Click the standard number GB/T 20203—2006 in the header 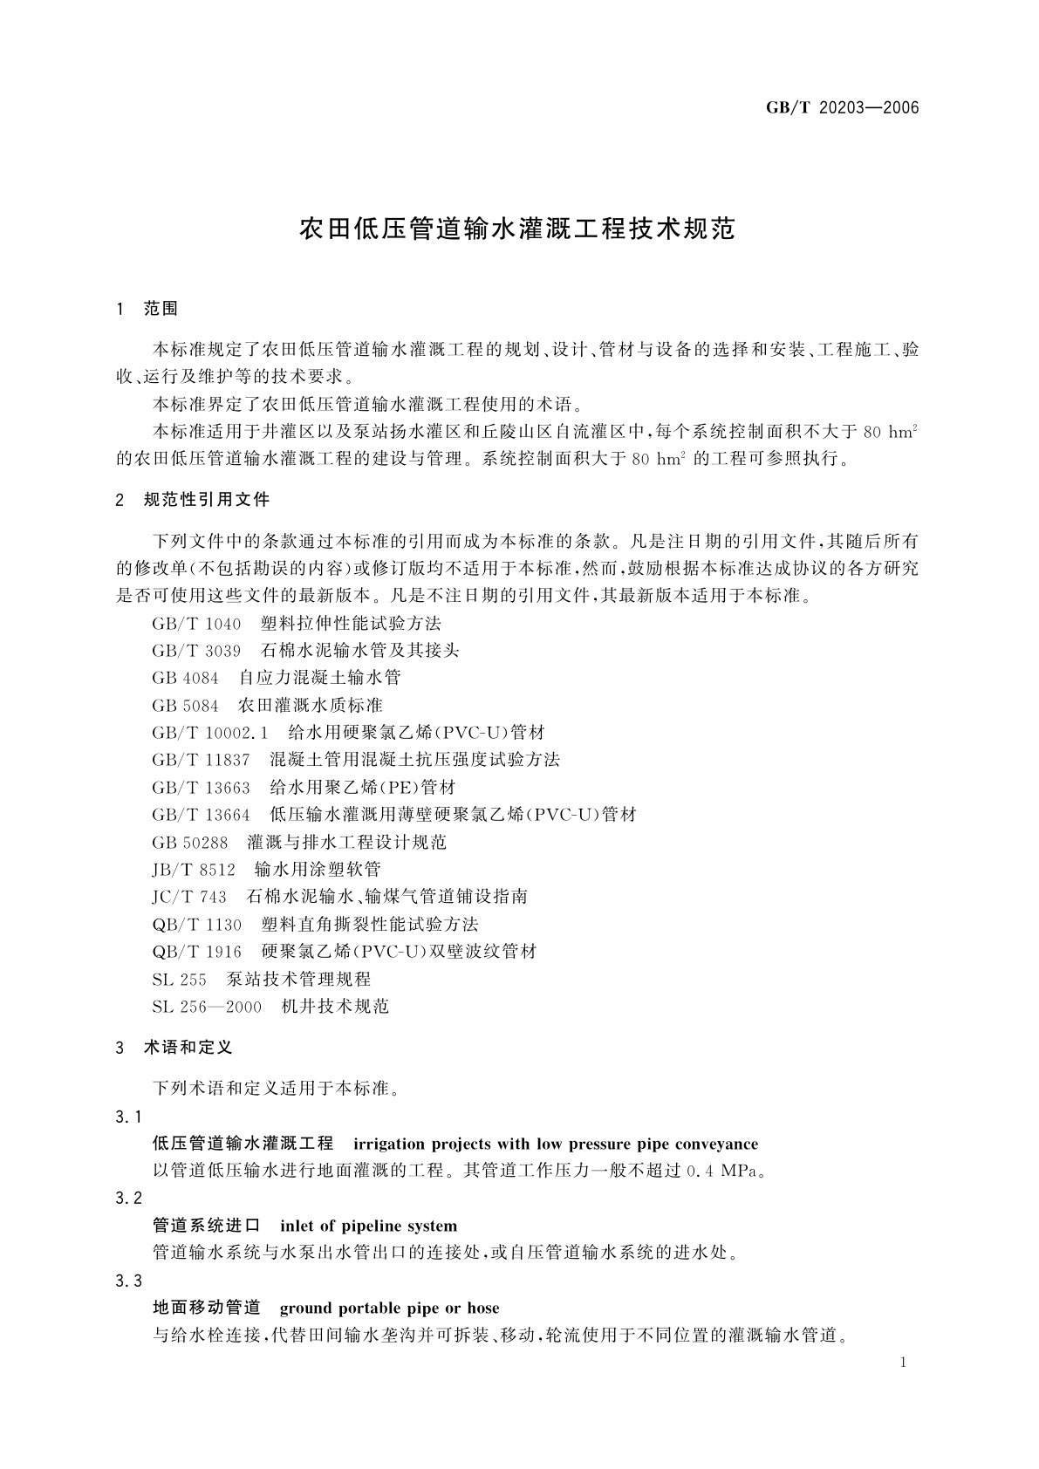point(842,108)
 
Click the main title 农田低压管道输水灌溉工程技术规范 point(518,229)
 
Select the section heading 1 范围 point(147,309)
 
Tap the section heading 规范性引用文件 point(206,500)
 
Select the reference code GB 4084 point(185,678)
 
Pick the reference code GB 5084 point(185,705)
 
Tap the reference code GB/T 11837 point(201,760)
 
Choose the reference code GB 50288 point(189,842)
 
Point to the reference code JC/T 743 point(189,897)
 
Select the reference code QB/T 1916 point(196,952)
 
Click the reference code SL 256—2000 point(207,1007)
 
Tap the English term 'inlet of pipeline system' point(368,1226)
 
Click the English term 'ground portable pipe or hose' point(389,1308)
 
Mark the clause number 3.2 point(128,1199)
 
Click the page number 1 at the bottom point(904,1363)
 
